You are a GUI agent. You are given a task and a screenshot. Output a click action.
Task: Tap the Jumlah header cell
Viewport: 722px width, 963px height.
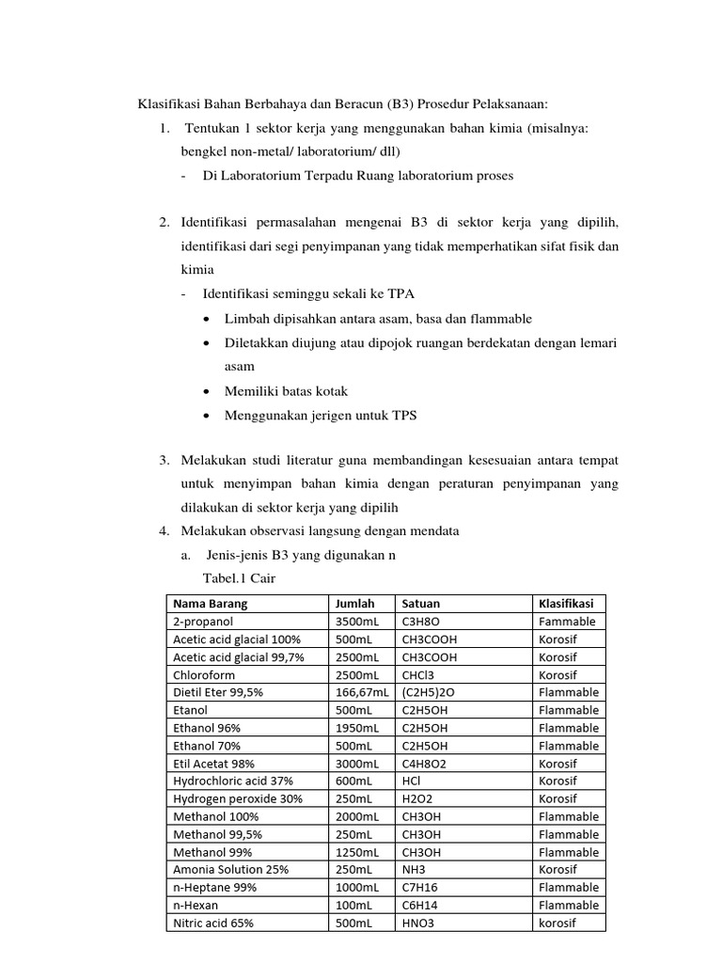[354, 604]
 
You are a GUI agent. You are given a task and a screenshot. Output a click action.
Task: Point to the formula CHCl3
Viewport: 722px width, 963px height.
[419, 675]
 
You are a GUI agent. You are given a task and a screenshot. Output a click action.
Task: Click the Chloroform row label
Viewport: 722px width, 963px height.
[204, 675]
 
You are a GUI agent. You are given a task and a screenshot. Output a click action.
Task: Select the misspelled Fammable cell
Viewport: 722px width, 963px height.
[567, 622]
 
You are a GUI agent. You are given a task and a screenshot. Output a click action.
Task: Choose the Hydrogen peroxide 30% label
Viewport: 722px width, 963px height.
[238, 798]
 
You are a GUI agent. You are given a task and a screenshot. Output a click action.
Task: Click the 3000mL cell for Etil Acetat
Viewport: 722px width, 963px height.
[357, 764]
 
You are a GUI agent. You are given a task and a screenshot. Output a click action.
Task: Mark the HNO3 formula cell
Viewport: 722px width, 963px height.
[420, 923]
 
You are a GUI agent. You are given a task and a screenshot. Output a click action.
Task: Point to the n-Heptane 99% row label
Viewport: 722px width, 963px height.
[214, 887]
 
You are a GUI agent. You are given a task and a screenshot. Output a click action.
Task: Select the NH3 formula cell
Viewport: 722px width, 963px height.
[414, 870]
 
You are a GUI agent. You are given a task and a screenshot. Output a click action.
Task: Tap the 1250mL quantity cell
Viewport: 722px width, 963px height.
[357, 852]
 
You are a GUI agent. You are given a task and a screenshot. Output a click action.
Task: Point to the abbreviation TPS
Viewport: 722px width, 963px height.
[407, 415]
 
